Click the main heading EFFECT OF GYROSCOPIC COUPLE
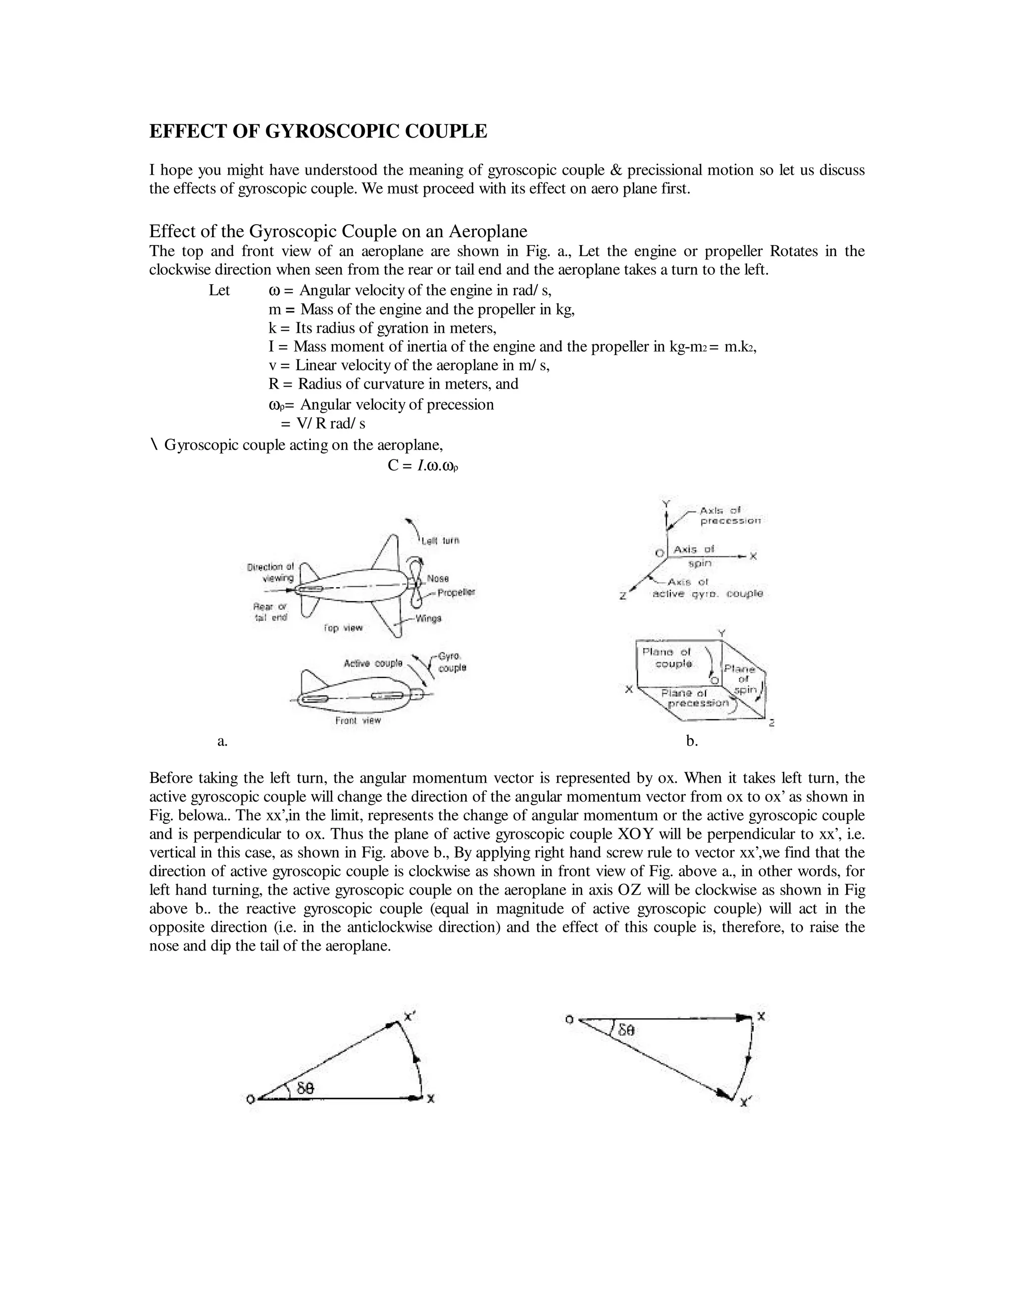coord(318,132)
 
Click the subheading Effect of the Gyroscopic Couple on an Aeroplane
coord(338,231)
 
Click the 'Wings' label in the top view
coord(428,618)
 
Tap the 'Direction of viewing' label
coord(271,572)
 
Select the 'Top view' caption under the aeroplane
coord(343,628)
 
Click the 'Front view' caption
coord(358,720)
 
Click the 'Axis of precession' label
coord(729,516)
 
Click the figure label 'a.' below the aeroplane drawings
coord(222,741)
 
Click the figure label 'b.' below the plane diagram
coord(692,741)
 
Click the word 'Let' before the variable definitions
coord(219,291)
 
